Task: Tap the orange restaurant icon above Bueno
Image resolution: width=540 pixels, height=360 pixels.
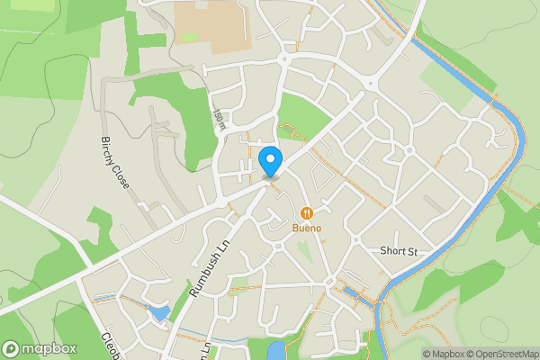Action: pyautogui.click(x=307, y=213)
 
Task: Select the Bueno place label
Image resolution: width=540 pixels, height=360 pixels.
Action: pyautogui.click(x=307, y=229)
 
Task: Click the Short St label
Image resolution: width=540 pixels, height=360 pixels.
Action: pyautogui.click(x=400, y=251)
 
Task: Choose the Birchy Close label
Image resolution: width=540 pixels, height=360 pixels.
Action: pyautogui.click(x=115, y=162)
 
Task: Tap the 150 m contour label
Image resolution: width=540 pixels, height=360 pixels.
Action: pyautogui.click(x=220, y=120)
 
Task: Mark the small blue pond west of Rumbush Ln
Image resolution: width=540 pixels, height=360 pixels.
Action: pyautogui.click(x=160, y=313)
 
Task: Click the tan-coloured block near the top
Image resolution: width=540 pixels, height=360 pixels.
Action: pyautogui.click(x=212, y=25)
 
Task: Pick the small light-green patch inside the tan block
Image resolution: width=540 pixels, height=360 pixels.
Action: pyautogui.click(x=189, y=37)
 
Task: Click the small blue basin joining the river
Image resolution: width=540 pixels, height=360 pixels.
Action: pyautogui.click(x=354, y=294)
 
